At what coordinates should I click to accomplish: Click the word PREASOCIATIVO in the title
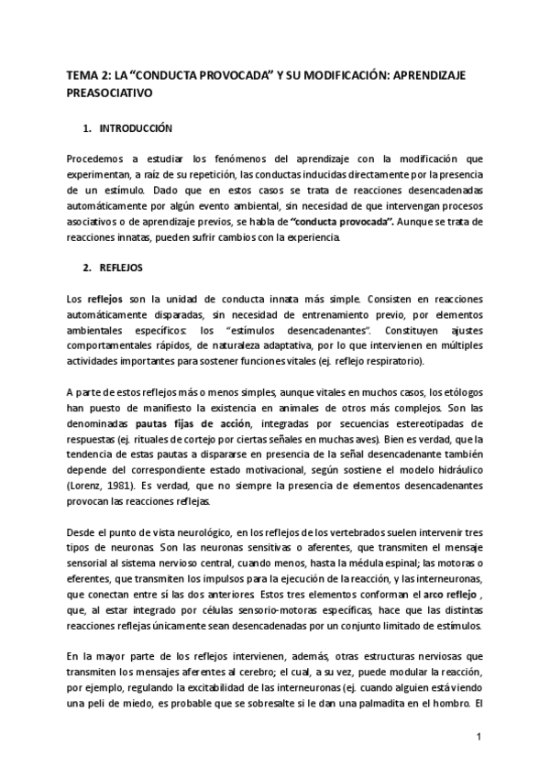tap(109, 93)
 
